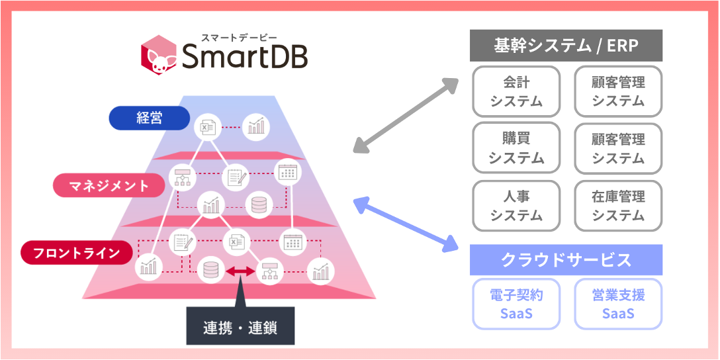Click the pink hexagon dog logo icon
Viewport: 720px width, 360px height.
tap(158, 57)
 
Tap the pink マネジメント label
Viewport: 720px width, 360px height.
tap(109, 185)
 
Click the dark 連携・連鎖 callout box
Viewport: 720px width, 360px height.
tap(240, 326)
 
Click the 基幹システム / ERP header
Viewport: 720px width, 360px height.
tap(566, 46)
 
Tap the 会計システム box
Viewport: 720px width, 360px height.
tap(516, 91)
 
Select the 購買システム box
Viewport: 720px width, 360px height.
tap(516, 148)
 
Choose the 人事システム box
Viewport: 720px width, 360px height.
tap(516, 205)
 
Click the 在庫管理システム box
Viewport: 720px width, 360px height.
tap(618, 205)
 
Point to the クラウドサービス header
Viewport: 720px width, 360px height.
tap(566, 260)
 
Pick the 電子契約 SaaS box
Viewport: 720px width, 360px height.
tap(516, 304)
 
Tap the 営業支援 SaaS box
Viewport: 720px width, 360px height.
tap(618, 304)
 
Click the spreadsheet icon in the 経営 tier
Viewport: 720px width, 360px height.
tap(208, 126)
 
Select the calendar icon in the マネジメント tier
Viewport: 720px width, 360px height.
tap(287, 173)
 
